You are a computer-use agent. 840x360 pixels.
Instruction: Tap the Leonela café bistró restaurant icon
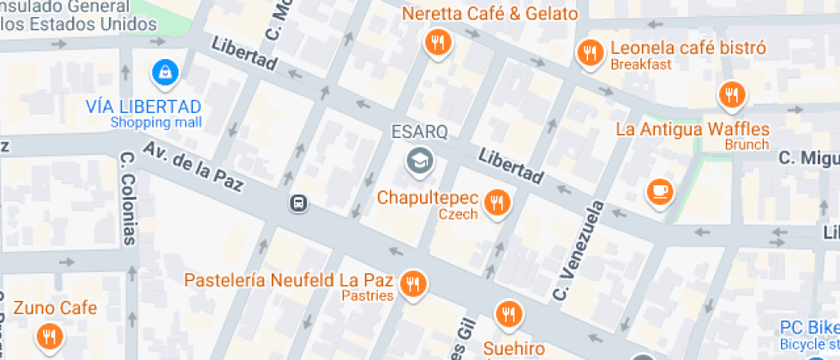[589, 53]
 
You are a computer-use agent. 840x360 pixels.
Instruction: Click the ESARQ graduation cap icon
[419, 159]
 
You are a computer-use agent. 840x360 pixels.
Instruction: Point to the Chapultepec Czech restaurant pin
[496, 202]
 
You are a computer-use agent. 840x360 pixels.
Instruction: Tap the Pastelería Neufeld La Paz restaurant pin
[414, 283]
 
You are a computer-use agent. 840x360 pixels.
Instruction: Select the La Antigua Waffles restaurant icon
[731, 94]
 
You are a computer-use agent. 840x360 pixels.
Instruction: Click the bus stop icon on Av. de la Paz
[298, 203]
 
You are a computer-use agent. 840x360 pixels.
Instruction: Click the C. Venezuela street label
[579, 250]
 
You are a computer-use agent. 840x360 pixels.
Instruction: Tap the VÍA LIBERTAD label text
[143, 106]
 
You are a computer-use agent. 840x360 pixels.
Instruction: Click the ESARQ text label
[420, 133]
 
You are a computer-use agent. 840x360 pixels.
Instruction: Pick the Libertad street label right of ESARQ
[511, 165]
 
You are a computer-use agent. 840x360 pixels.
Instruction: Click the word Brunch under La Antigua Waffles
[747, 145]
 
